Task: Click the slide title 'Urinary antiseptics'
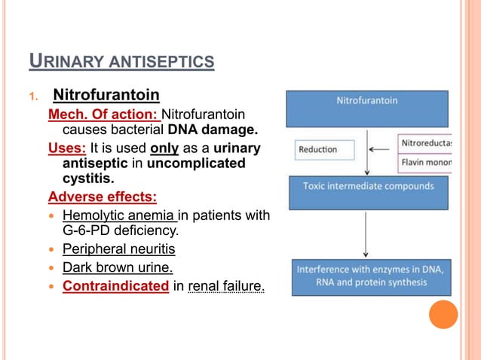[x=121, y=59]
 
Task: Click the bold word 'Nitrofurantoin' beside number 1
[x=106, y=96]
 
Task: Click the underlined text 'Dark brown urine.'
[x=117, y=267]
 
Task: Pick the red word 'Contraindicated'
[x=115, y=285]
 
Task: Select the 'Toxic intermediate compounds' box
[x=368, y=193]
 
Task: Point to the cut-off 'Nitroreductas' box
[x=424, y=142]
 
